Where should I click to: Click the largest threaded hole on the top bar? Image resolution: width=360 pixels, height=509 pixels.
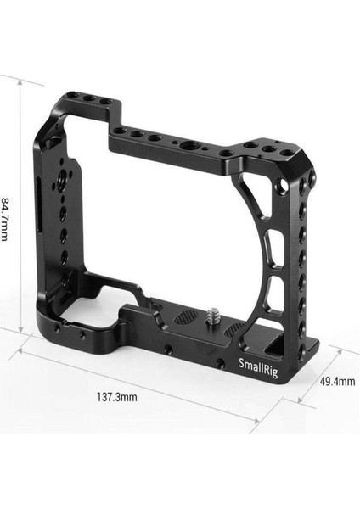tap(185, 144)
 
